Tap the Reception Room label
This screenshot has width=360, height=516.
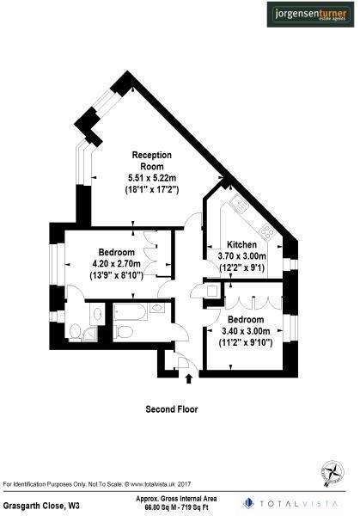[x=151, y=160]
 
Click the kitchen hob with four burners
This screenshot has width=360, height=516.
[x=266, y=230]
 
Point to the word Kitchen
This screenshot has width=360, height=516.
[x=242, y=243]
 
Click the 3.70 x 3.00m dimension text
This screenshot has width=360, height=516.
[x=242, y=255]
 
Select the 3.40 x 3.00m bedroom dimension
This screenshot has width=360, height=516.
[x=246, y=329]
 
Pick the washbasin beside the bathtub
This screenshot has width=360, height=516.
[x=157, y=308]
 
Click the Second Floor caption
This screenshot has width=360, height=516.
[x=172, y=409]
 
